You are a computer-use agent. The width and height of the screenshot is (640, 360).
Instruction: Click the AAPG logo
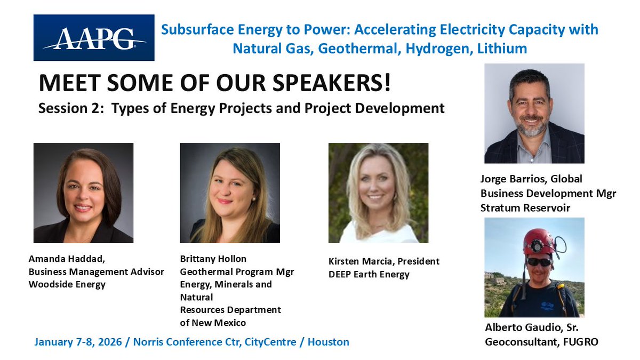pyautogui.click(x=94, y=37)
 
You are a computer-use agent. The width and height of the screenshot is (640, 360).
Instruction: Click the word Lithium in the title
pyautogui.click(x=501, y=49)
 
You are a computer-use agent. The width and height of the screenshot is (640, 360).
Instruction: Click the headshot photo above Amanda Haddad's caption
pyautogui.click(x=83, y=193)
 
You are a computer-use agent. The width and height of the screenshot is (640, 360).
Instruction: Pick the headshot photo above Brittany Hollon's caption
pyautogui.click(x=230, y=193)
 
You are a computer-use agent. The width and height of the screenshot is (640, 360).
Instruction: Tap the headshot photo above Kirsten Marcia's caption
pyautogui.click(x=378, y=193)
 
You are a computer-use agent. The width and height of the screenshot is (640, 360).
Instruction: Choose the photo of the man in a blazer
pyautogui.click(x=534, y=113)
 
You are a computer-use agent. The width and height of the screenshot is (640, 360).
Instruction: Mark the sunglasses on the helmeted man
pyautogui.click(x=539, y=261)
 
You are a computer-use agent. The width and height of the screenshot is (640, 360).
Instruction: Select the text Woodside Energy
pyautogui.click(x=67, y=284)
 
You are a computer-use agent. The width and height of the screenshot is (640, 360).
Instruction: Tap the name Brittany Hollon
pyautogui.click(x=213, y=259)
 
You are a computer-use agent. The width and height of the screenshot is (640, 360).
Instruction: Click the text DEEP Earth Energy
pyautogui.click(x=369, y=275)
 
